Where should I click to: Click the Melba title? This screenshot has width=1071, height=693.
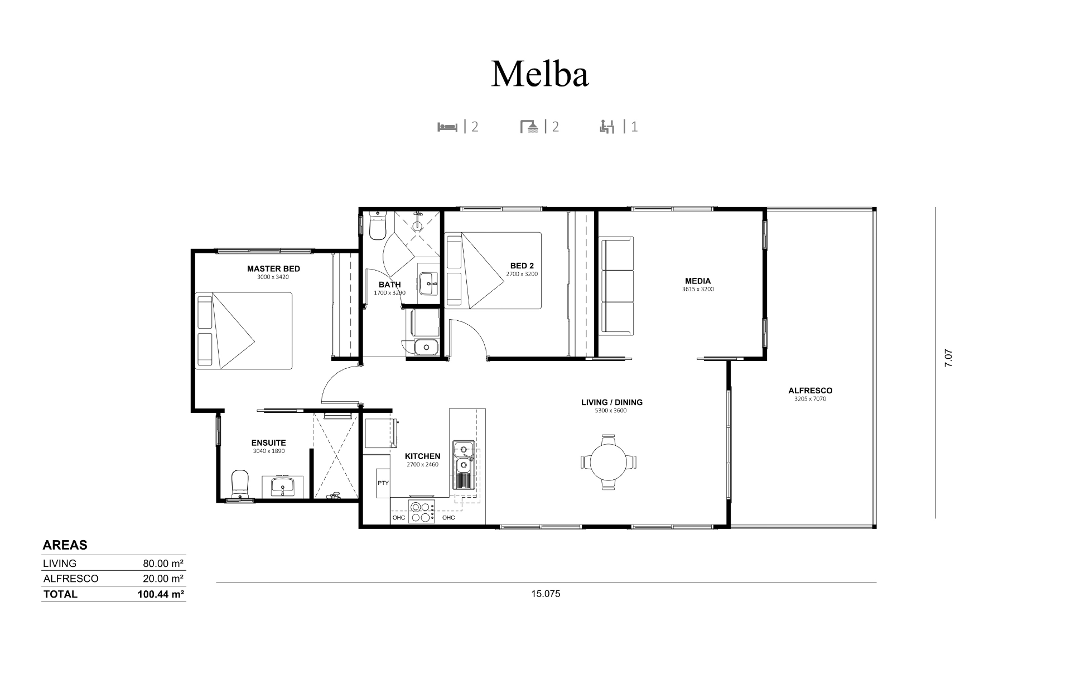(539, 74)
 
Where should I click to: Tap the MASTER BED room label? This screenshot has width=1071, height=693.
(273, 269)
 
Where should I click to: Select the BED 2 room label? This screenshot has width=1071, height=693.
(522, 266)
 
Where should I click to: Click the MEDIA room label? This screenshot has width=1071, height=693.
(698, 281)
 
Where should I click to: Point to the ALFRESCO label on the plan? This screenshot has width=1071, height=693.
(811, 391)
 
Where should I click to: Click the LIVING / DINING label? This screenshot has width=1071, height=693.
(612, 402)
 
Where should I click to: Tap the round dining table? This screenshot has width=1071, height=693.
(609, 462)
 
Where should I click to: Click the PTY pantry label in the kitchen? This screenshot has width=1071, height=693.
(383, 483)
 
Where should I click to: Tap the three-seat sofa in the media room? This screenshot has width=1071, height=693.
(616, 286)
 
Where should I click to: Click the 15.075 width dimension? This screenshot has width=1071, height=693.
(546, 594)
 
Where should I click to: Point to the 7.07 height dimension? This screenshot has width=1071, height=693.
(948, 358)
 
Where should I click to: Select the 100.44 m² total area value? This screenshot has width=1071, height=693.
(161, 594)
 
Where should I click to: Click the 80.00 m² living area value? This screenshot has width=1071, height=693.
(163, 564)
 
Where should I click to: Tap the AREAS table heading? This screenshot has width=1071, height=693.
(65, 545)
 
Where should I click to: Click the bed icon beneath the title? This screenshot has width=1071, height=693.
(447, 127)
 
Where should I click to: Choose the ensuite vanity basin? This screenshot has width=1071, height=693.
(283, 486)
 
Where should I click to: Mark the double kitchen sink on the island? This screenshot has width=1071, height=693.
(463, 457)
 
